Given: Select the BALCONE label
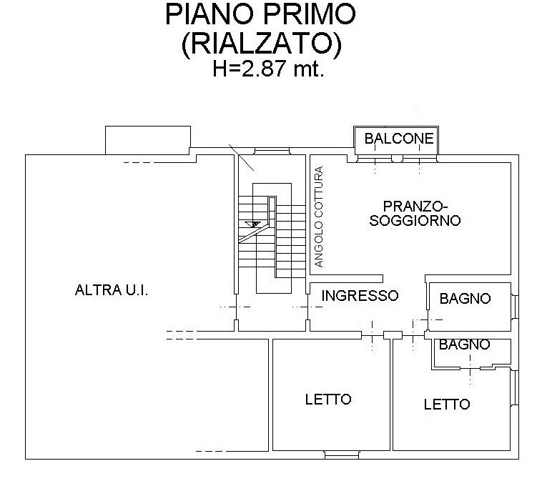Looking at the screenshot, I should pyautogui.click(x=399, y=139).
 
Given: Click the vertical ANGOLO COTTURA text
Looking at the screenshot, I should pyautogui.click(x=320, y=217).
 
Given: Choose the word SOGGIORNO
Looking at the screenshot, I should pyautogui.click(x=414, y=221).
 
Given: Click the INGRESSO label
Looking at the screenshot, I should pyautogui.click(x=359, y=295).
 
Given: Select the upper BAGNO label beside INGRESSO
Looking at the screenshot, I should pyautogui.click(x=465, y=299).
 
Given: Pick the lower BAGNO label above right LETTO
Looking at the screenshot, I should pyautogui.click(x=465, y=344).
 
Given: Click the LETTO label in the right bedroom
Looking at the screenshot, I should pyautogui.click(x=447, y=405).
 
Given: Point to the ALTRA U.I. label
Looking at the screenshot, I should pyautogui.click(x=111, y=290).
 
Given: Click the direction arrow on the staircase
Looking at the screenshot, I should pyautogui.click(x=252, y=224).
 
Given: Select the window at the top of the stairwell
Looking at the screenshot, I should pyautogui.click(x=270, y=151).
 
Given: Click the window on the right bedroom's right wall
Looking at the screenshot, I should pyautogui.click(x=515, y=394).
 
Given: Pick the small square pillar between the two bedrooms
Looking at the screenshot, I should pyautogui.click(x=391, y=334).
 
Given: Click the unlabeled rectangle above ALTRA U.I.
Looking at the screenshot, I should pyautogui.click(x=147, y=139).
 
